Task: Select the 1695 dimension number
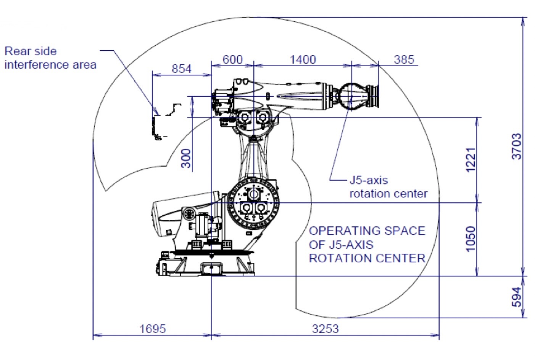(153, 328)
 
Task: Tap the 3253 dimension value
(325, 328)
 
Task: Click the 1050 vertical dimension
(471, 239)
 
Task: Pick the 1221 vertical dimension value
(471, 159)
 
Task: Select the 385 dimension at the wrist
(403, 59)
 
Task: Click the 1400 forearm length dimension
(303, 59)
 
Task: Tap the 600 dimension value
(232, 59)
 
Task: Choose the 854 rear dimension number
(181, 69)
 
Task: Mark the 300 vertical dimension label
(186, 158)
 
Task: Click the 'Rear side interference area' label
(50, 58)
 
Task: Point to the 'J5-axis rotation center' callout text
(388, 187)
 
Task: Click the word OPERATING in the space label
(337, 231)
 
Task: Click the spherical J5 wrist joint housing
(350, 96)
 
